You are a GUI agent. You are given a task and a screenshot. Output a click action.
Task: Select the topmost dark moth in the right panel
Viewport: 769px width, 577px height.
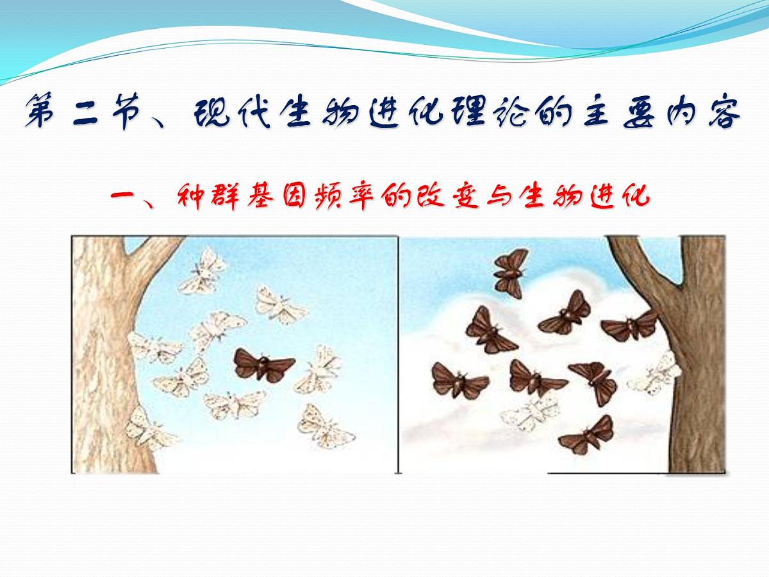510,271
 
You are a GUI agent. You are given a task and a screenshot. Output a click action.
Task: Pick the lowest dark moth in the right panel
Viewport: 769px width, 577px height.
588,435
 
